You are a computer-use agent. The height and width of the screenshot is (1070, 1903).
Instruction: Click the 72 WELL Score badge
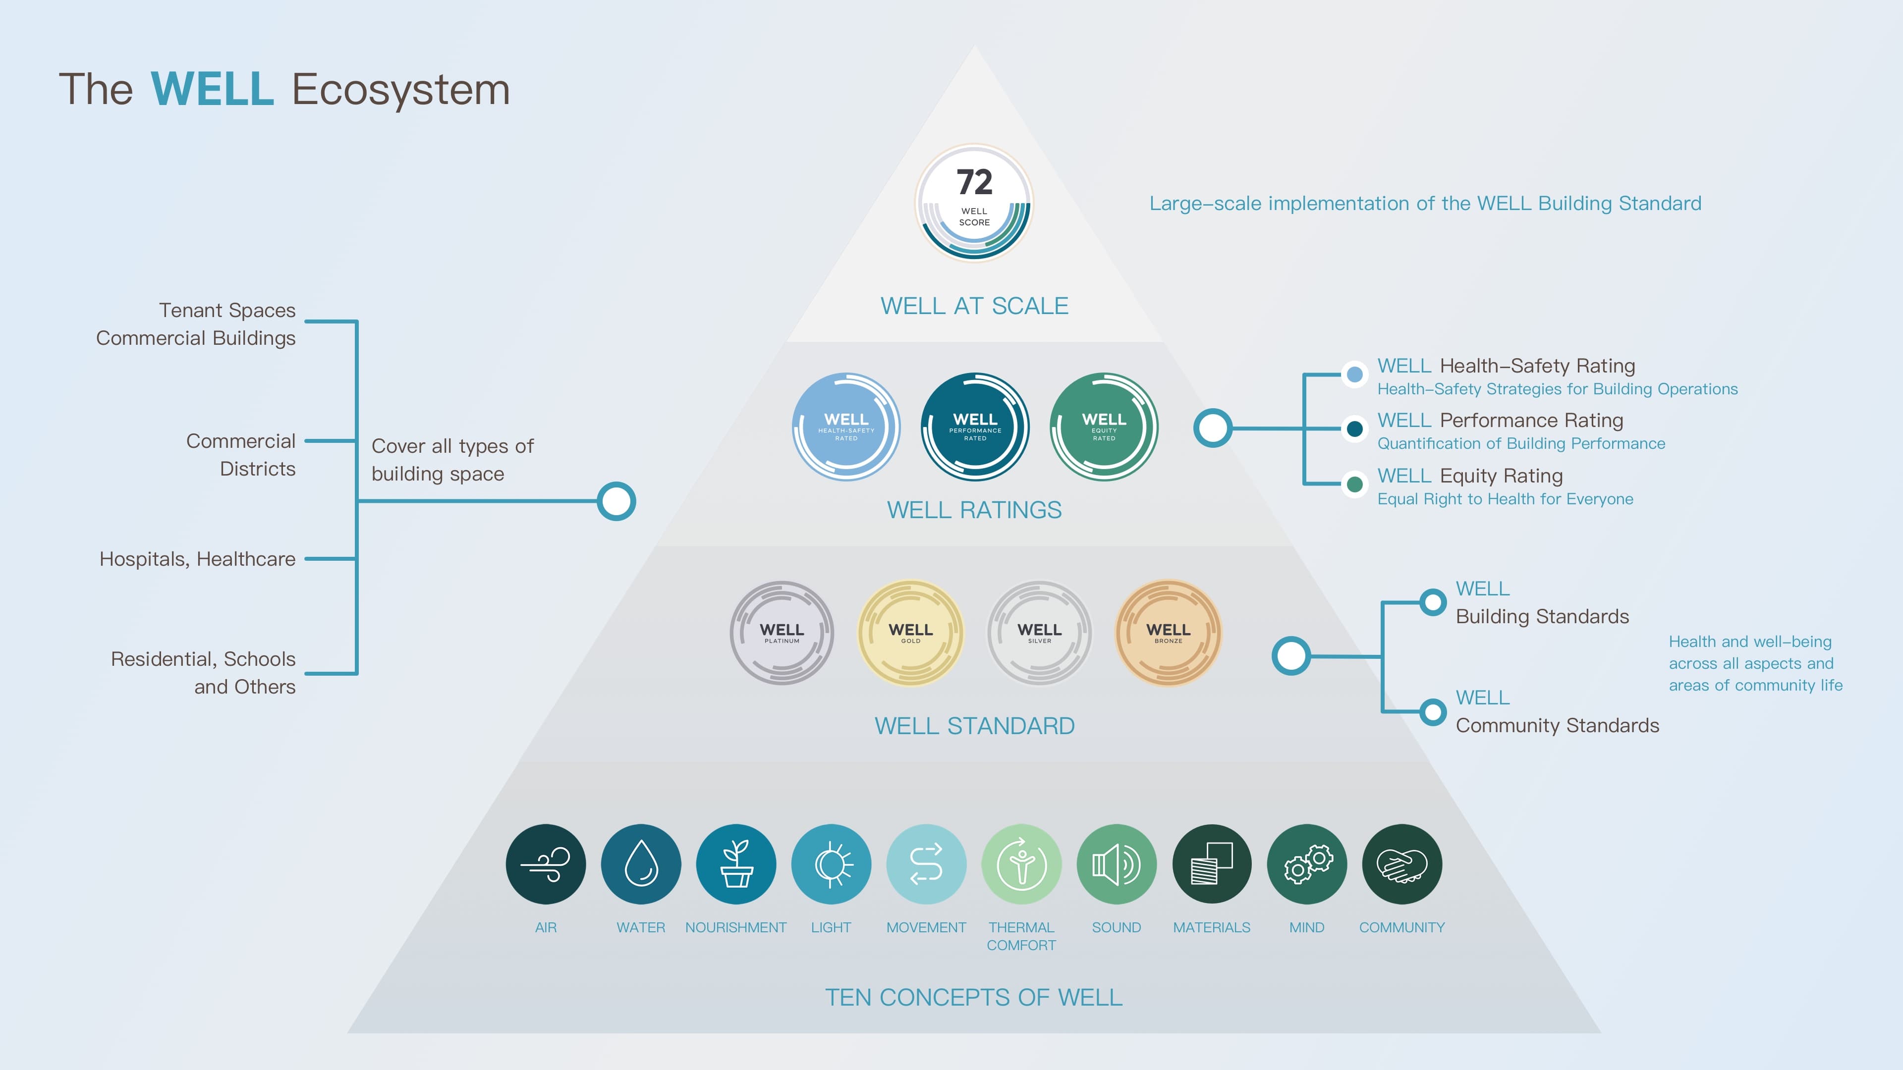pyautogui.click(x=974, y=202)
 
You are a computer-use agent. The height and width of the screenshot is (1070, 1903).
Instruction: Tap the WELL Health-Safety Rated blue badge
pyautogui.click(x=846, y=427)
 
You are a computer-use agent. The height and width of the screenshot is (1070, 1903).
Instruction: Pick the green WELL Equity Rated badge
pyautogui.click(x=1104, y=427)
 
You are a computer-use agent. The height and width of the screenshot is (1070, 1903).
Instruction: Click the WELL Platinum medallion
pyautogui.click(x=782, y=633)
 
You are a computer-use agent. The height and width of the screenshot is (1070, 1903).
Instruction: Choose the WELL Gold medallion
pyautogui.click(x=910, y=633)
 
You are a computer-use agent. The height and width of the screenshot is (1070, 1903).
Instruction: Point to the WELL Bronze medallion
pyautogui.click(x=1168, y=633)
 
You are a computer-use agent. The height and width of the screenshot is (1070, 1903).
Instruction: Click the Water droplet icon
pyautogui.click(x=640, y=864)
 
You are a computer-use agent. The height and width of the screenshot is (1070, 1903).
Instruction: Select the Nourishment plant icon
pyautogui.click(x=736, y=864)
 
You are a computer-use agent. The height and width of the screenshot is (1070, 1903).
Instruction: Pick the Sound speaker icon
pyautogui.click(x=1116, y=864)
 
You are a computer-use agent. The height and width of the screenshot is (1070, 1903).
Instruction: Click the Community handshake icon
pyautogui.click(x=1401, y=864)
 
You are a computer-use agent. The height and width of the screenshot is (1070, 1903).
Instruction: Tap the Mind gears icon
pyautogui.click(x=1307, y=864)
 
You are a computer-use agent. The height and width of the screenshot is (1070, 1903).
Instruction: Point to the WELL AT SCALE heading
pyautogui.click(x=974, y=306)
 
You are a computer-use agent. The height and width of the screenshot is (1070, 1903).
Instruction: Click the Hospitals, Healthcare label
pyautogui.click(x=197, y=559)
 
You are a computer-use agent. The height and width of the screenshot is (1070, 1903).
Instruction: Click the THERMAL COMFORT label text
pyautogui.click(x=1021, y=936)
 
